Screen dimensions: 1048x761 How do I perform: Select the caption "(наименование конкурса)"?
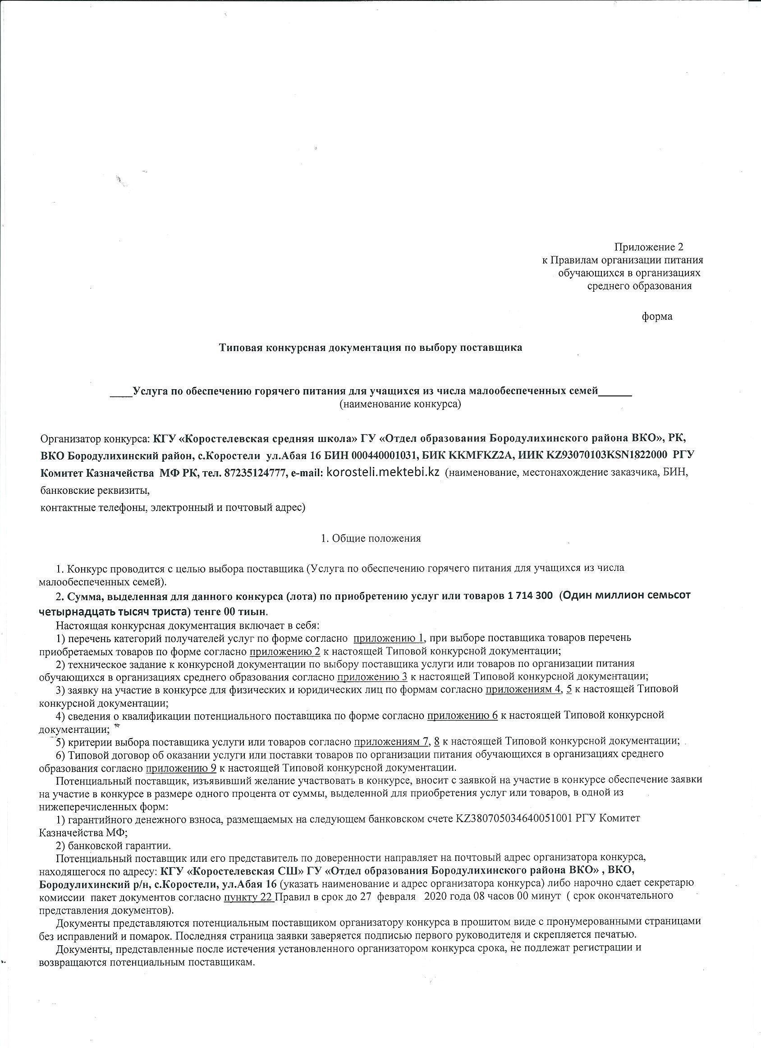pyautogui.click(x=400, y=404)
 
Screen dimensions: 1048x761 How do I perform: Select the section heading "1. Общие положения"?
pyautogui.click(x=371, y=538)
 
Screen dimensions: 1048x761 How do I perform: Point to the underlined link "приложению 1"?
pyautogui.click(x=389, y=638)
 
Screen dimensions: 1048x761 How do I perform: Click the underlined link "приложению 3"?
pyautogui.click(x=372, y=676)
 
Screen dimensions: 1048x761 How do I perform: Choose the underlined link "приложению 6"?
pyautogui.click(x=462, y=715)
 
